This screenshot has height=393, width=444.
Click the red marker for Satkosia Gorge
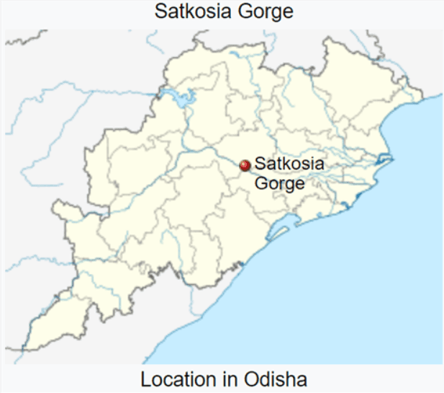point(245,166)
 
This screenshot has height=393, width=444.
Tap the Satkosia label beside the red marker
point(289,165)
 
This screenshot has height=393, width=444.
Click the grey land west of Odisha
point(43,144)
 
